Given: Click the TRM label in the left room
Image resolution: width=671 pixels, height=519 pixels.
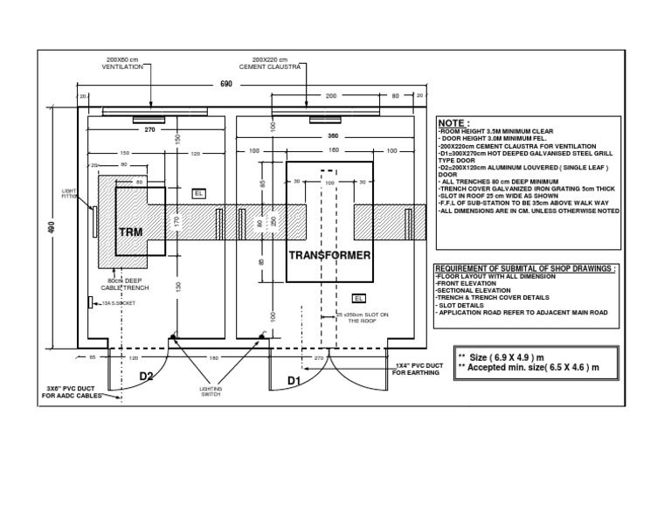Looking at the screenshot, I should pos(130,232).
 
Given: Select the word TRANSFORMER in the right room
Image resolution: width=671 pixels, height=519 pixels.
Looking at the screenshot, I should pos(329,255).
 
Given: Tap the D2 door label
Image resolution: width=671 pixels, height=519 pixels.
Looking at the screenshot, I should pos(147,377).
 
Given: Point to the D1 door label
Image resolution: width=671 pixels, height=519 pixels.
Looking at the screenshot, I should pos(294,381).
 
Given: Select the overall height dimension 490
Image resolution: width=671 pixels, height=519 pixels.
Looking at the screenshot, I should pos(51,229).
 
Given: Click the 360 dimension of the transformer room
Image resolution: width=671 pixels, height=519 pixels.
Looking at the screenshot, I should pos(331,136).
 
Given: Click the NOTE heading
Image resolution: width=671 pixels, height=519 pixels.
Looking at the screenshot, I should pos(453,124).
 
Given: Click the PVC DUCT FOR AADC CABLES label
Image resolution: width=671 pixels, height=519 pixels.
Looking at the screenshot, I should pos(73,391).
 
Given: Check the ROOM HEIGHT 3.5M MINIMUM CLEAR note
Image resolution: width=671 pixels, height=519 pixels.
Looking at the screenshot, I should pos(497,133).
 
